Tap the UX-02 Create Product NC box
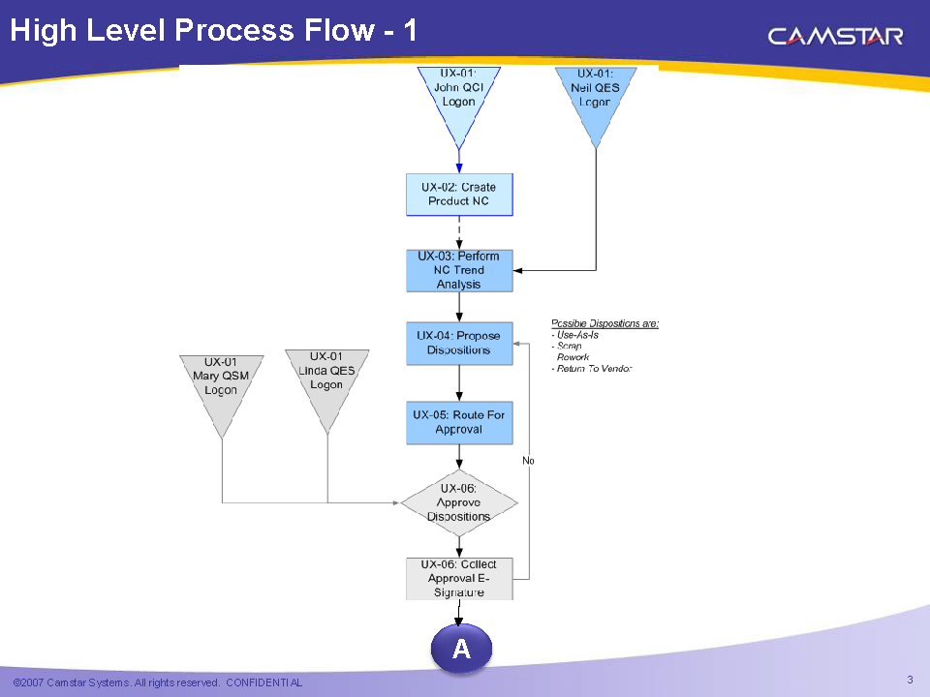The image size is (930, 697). [458, 195]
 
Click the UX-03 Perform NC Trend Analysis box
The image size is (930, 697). [458, 270]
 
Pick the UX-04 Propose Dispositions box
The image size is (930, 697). [458, 344]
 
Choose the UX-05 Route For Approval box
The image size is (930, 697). [458, 422]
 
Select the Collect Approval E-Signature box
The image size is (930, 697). [458, 578]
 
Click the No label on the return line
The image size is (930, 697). [528, 461]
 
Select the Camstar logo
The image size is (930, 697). [835, 37]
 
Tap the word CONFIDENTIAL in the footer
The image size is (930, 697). [263, 682]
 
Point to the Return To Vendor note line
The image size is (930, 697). [593, 369]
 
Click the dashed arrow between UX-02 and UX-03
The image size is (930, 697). [458, 232]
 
